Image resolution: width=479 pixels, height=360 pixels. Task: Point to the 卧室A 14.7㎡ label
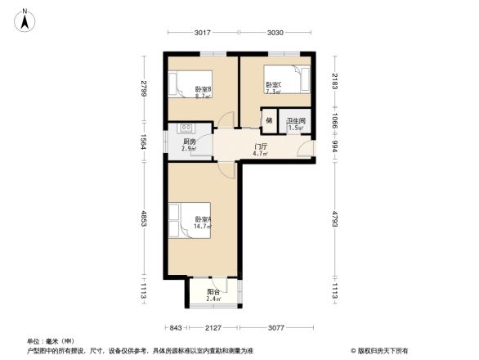coord(203,222)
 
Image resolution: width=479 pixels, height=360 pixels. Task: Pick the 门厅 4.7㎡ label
coord(261,149)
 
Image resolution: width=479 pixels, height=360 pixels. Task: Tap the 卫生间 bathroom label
coord(294,124)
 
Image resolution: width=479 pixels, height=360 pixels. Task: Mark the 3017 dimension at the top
coord(203,33)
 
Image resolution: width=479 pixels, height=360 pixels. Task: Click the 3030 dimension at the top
coord(275,33)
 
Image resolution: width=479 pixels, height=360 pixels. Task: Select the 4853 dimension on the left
coord(143,225)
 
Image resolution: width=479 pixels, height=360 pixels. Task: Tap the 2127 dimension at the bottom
coord(213,328)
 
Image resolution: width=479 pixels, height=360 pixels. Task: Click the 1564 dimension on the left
coord(143,142)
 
